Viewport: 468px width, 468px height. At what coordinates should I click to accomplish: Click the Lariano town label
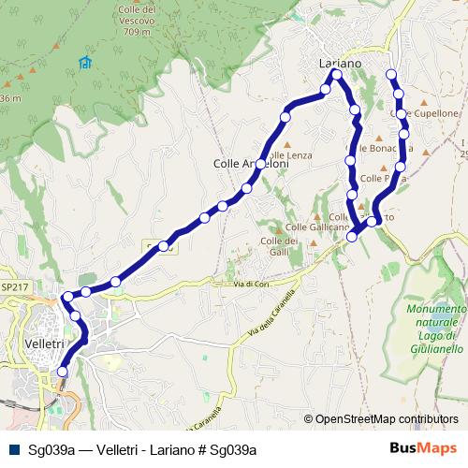(339, 62)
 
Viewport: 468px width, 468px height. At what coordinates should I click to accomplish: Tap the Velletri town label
(39, 344)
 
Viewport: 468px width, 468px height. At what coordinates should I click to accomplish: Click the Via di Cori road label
(253, 283)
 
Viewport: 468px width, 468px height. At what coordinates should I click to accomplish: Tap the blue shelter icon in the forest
(85, 63)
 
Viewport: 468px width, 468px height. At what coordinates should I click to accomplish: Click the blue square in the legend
(14, 449)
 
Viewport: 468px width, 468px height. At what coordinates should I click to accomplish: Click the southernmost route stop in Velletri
(63, 372)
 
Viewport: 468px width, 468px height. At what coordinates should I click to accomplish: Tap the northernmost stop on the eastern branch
(391, 75)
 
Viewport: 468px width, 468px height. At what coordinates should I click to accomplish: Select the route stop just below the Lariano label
(337, 74)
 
